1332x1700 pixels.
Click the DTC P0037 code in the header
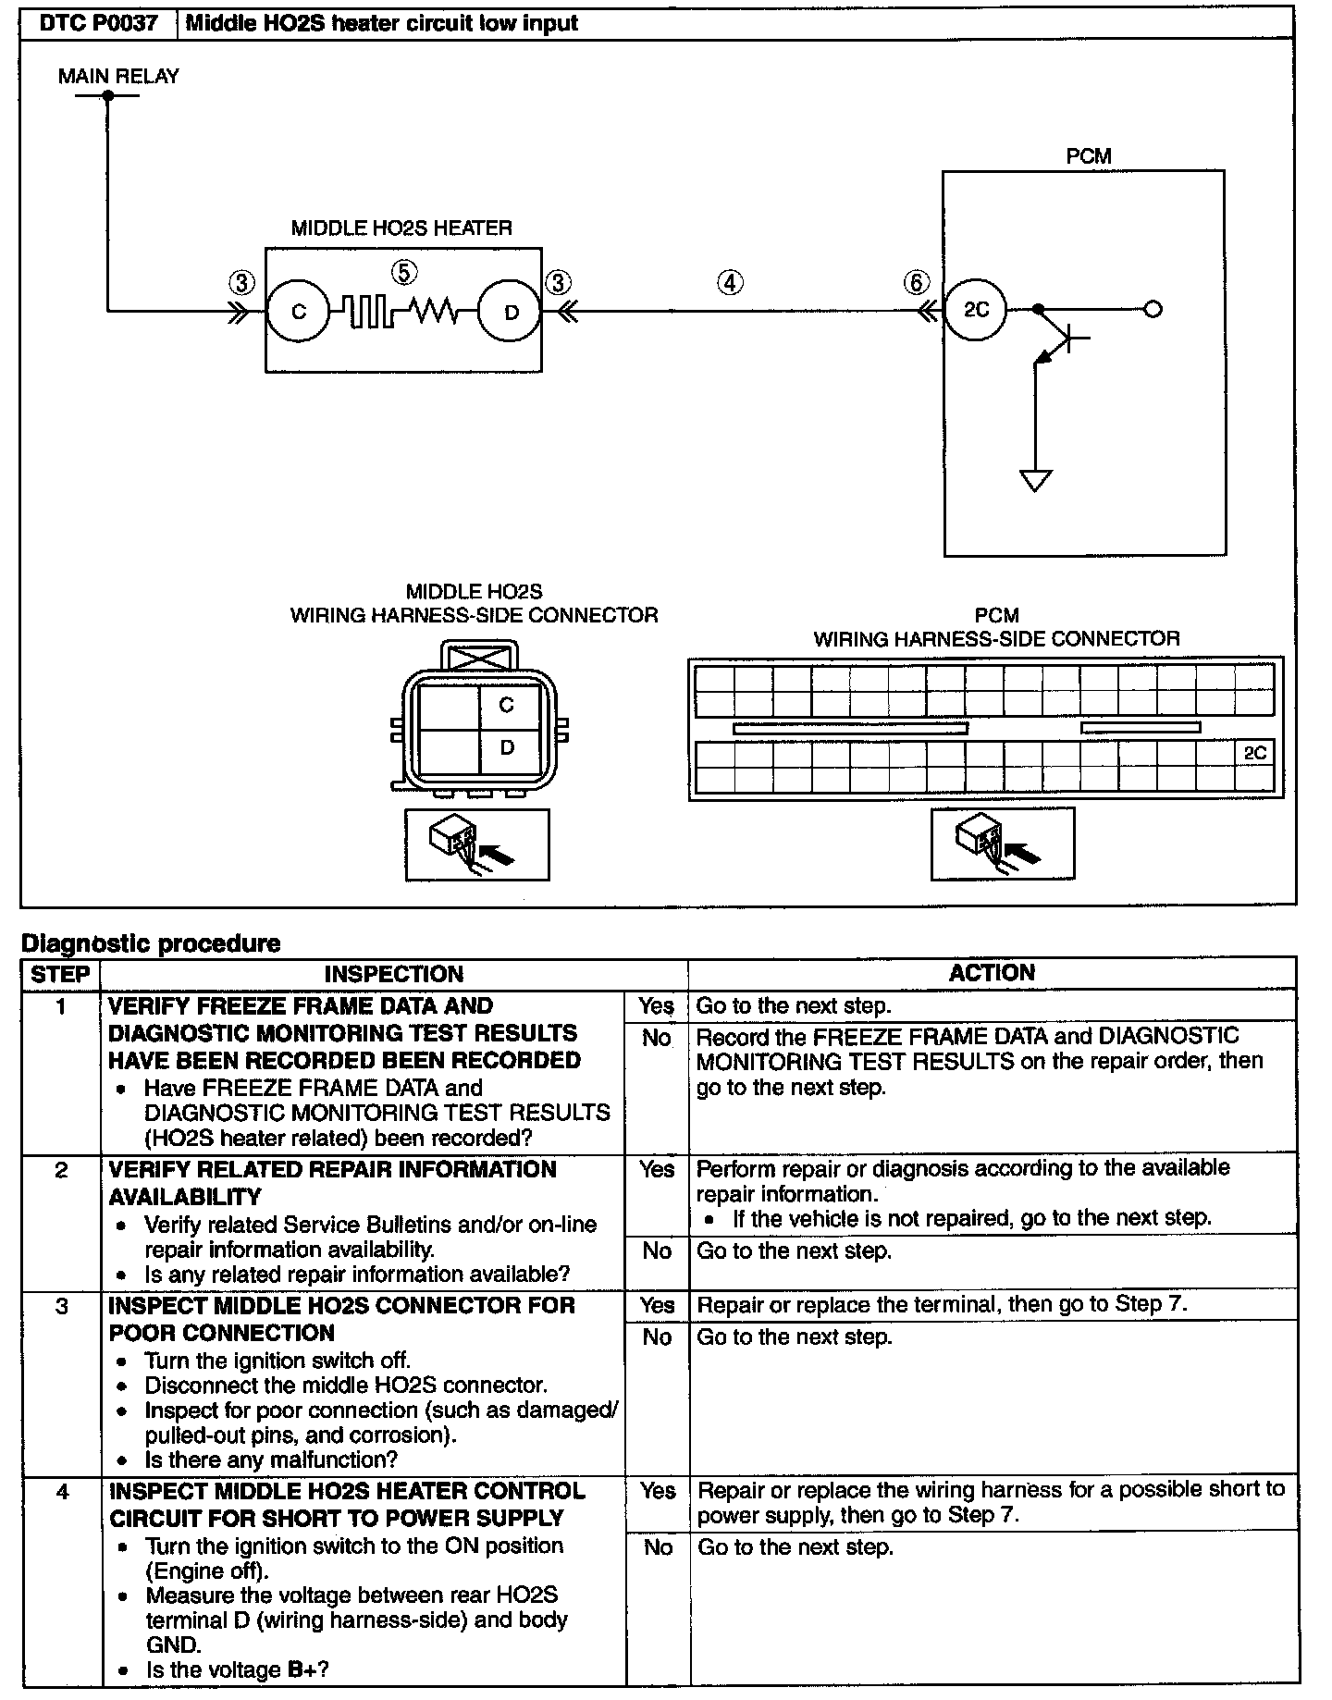(99, 23)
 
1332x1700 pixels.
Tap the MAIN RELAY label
(118, 76)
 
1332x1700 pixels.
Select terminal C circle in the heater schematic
(298, 312)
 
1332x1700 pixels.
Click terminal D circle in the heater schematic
(511, 312)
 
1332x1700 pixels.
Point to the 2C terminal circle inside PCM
(976, 309)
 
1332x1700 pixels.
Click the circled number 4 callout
(731, 282)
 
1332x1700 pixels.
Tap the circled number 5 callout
(404, 272)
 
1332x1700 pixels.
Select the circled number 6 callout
(916, 282)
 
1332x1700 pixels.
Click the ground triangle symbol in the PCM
(1035, 480)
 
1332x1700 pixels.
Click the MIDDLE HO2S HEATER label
(401, 228)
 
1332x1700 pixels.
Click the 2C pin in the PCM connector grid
(1254, 754)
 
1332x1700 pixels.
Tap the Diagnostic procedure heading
(151, 943)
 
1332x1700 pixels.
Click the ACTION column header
(992, 972)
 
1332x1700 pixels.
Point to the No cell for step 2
(657, 1263)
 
